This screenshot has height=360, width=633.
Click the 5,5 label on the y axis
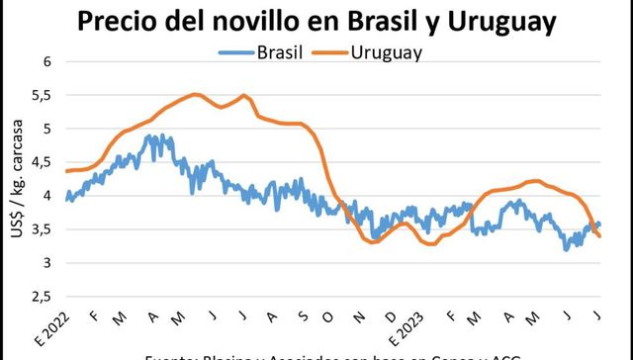(40, 95)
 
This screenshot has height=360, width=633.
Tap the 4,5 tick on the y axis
(40, 162)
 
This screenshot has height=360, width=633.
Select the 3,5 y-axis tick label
(40, 229)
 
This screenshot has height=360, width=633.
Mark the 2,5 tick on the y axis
(40, 297)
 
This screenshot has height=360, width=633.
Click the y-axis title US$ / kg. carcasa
(14, 178)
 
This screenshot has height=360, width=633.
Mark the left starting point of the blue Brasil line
(66, 200)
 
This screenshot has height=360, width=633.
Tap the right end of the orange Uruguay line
(600, 235)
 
